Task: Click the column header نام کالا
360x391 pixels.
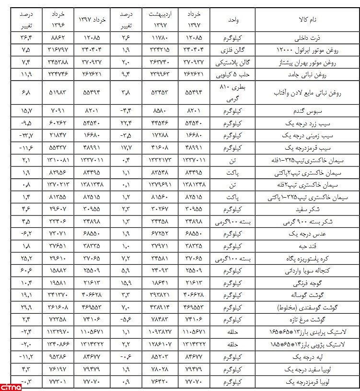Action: pyautogui.click(x=308, y=20)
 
